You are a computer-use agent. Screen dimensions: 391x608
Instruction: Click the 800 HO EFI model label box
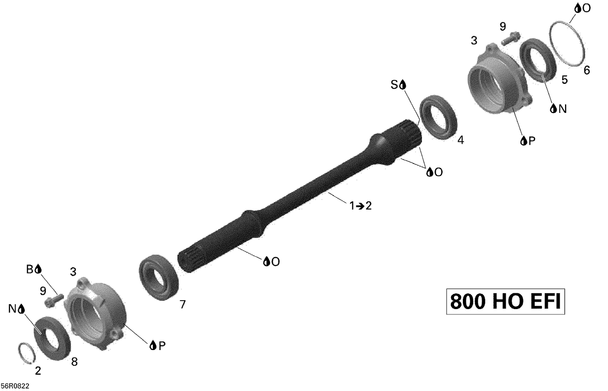coord(505,301)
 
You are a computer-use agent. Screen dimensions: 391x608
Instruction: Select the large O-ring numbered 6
coord(567,45)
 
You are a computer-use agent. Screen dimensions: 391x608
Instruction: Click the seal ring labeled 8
coord(52,337)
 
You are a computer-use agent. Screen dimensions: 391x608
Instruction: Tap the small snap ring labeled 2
coord(27,352)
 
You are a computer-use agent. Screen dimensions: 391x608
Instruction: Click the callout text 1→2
coord(360,206)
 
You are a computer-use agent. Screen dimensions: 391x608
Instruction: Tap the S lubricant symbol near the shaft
coord(398,84)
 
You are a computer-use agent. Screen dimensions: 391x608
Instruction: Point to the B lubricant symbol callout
coord(34,269)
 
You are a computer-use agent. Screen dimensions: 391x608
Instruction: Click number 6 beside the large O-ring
coord(587,71)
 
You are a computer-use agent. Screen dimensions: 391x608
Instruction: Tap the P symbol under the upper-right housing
coord(528,141)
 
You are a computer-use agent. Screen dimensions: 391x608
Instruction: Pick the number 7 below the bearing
coord(182,304)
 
